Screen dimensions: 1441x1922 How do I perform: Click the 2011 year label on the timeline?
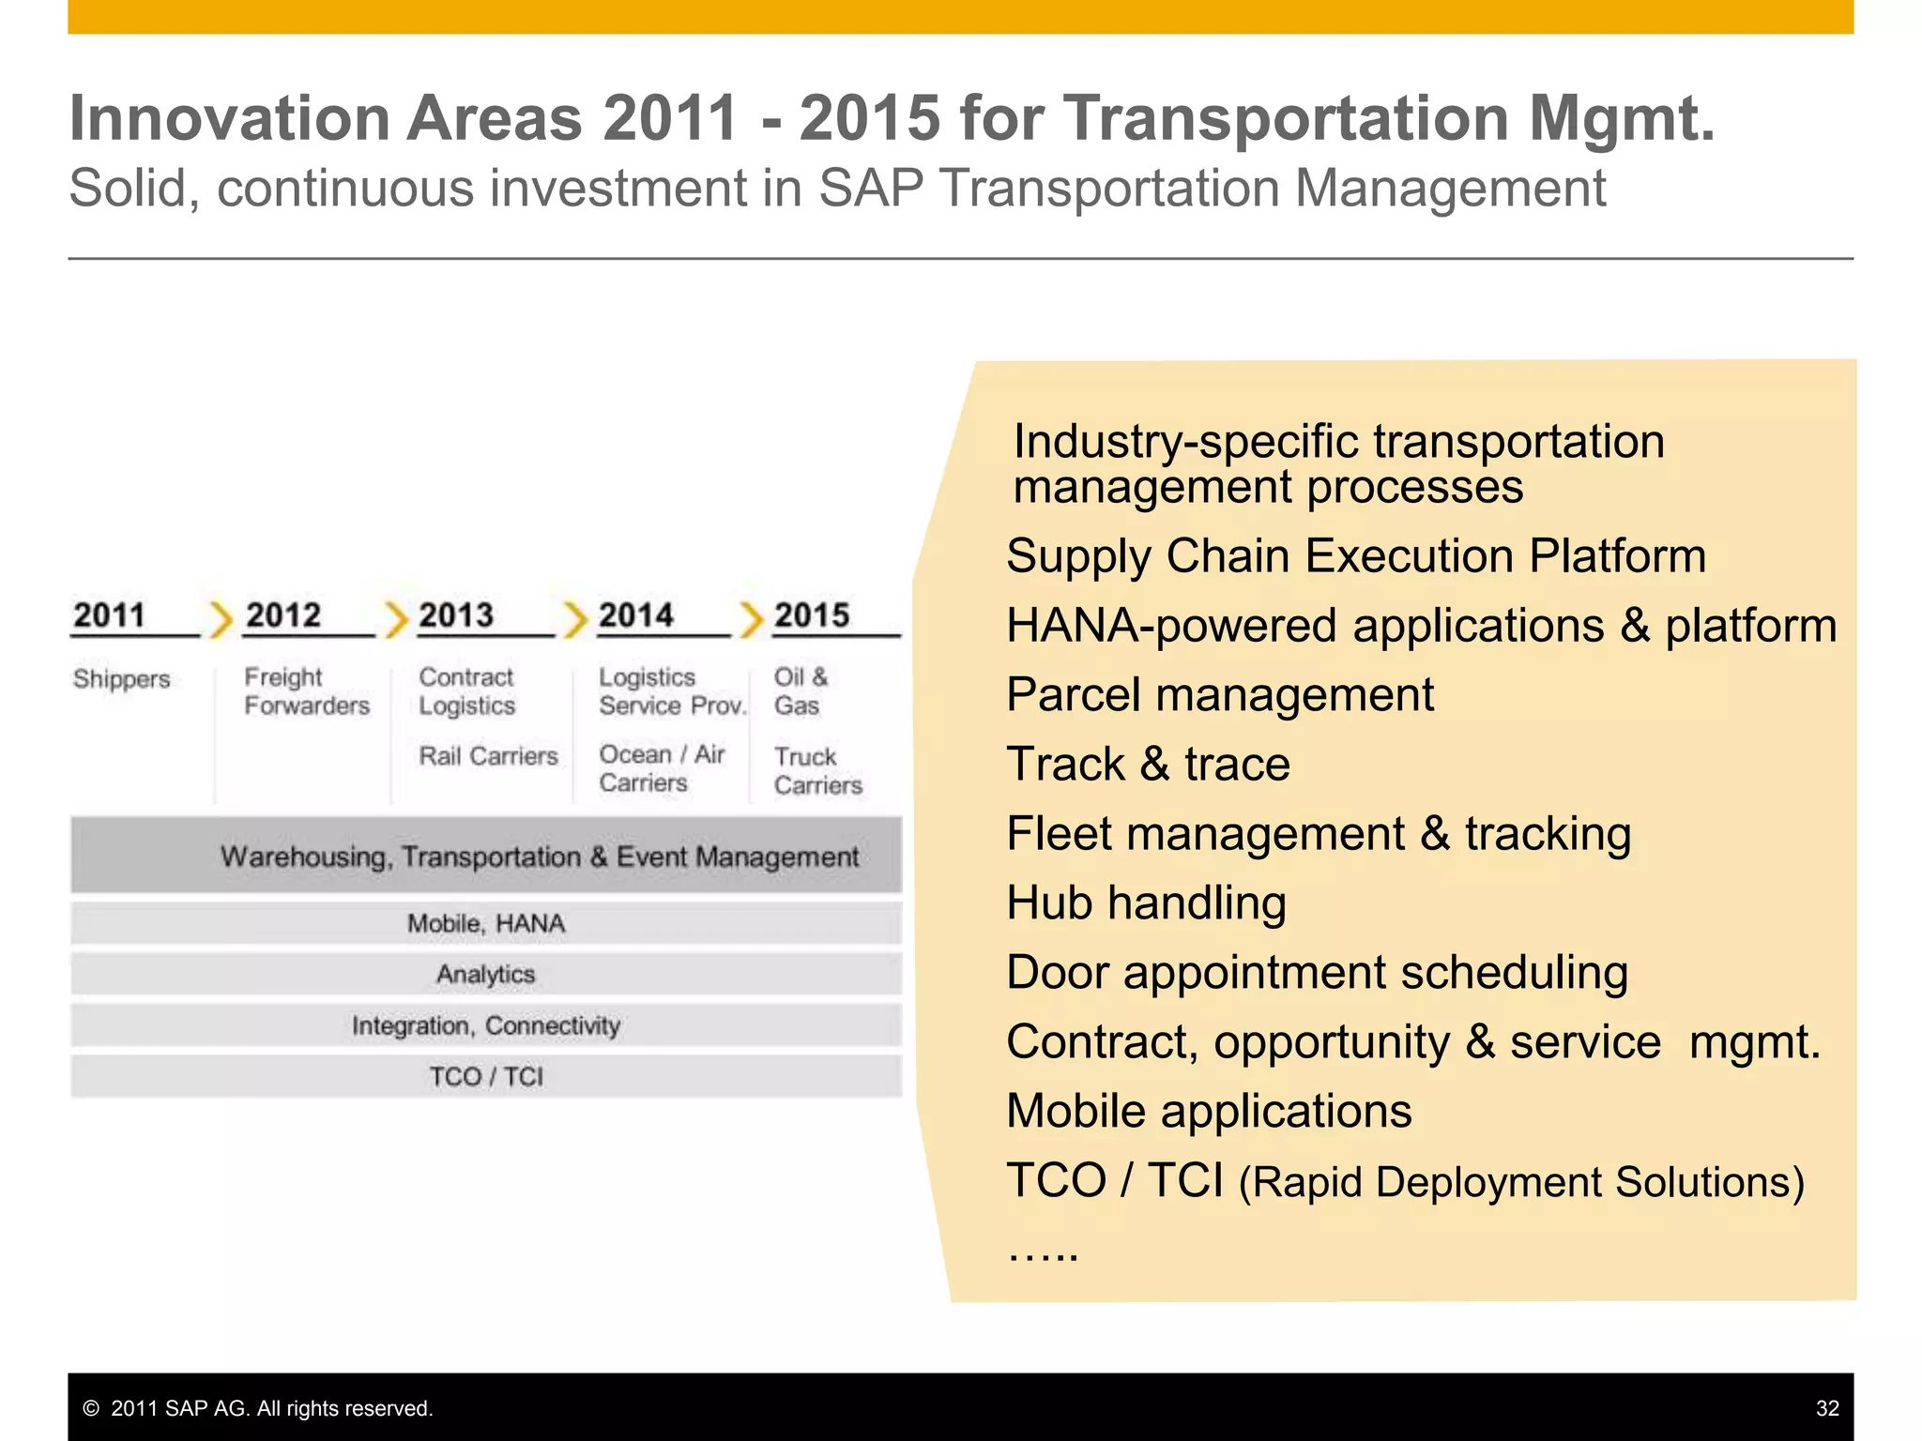[x=109, y=615]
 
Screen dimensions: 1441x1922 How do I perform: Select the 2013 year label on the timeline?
[x=455, y=615]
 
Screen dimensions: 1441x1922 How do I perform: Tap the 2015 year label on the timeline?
[x=811, y=615]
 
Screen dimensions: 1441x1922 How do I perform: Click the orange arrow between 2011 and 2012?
[x=221, y=619]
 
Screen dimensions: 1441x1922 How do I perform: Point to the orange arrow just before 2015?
[x=751, y=619]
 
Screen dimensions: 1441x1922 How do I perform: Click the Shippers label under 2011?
[x=121, y=678]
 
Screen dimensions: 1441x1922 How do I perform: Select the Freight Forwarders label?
[x=306, y=691]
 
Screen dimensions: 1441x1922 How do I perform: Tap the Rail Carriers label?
[x=488, y=756]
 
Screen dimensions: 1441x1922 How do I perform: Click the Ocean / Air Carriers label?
[x=661, y=768]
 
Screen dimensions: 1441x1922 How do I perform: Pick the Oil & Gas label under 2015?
[x=800, y=691]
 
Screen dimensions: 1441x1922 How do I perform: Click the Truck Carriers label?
[x=816, y=770]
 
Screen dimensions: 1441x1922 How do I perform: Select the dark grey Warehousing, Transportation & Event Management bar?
[x=486, y=856]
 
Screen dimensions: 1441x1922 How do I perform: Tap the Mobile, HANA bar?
[x=486, y=924]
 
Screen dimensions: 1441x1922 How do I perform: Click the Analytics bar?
[x=486, y=975]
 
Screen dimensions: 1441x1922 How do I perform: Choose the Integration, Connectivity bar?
[x=486, y=1025]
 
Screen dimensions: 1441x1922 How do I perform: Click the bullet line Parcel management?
[x=1219, y=695]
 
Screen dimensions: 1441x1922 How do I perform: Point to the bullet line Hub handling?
[x=1146, y=903]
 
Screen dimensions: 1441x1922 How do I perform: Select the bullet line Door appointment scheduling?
[x=1317, y=973]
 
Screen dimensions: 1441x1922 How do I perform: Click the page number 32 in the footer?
[x=1826, y=1408]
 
